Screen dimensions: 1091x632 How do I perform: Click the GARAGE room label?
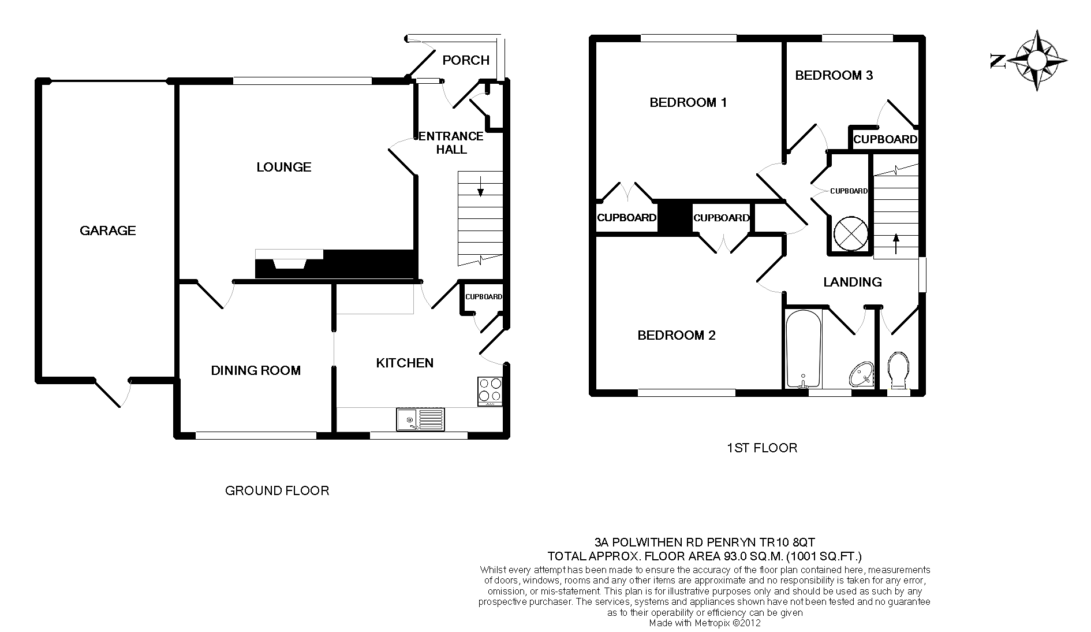click(x=107, y=231)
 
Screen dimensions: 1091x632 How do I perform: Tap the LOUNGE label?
click(x=284, y=167)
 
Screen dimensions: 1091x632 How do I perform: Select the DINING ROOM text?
click(x=256, y=370)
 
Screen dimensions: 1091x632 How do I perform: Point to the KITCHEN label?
click(x=405, y=363)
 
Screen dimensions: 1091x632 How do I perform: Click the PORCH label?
click(x=466, y=60)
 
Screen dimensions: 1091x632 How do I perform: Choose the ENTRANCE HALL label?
click(x=451, y=143)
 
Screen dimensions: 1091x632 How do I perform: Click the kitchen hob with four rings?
click(x=490, y=391)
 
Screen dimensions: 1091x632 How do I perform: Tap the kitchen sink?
click(x=420, y=419)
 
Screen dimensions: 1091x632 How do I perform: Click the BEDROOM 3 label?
click(x=834, y=75)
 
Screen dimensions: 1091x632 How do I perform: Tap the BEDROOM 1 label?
click(x=688, y=103)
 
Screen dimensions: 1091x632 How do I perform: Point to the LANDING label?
click(x=853, y=282)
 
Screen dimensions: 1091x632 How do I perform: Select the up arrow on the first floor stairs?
click(x=896, y=243)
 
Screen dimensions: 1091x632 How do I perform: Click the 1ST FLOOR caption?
click(x=762, y=448)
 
